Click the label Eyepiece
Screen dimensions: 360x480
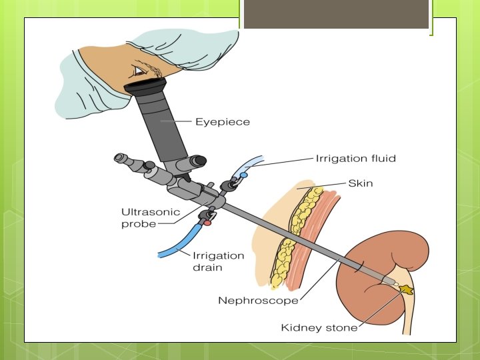click(222, 122)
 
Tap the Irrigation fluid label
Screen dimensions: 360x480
click(355, 159)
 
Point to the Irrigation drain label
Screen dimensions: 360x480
click(218, 261)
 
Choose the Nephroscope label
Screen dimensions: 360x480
click(258, 301)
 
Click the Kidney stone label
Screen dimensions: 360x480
click(319, 327)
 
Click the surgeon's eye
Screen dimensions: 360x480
click(139, 71)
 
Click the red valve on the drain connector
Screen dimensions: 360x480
click(208, 222)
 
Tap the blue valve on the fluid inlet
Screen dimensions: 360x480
click(244, 175)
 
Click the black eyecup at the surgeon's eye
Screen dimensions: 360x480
click(146, 85)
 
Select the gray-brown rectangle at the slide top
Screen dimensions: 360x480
click(335, 14)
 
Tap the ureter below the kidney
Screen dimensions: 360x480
click(409, 317)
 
